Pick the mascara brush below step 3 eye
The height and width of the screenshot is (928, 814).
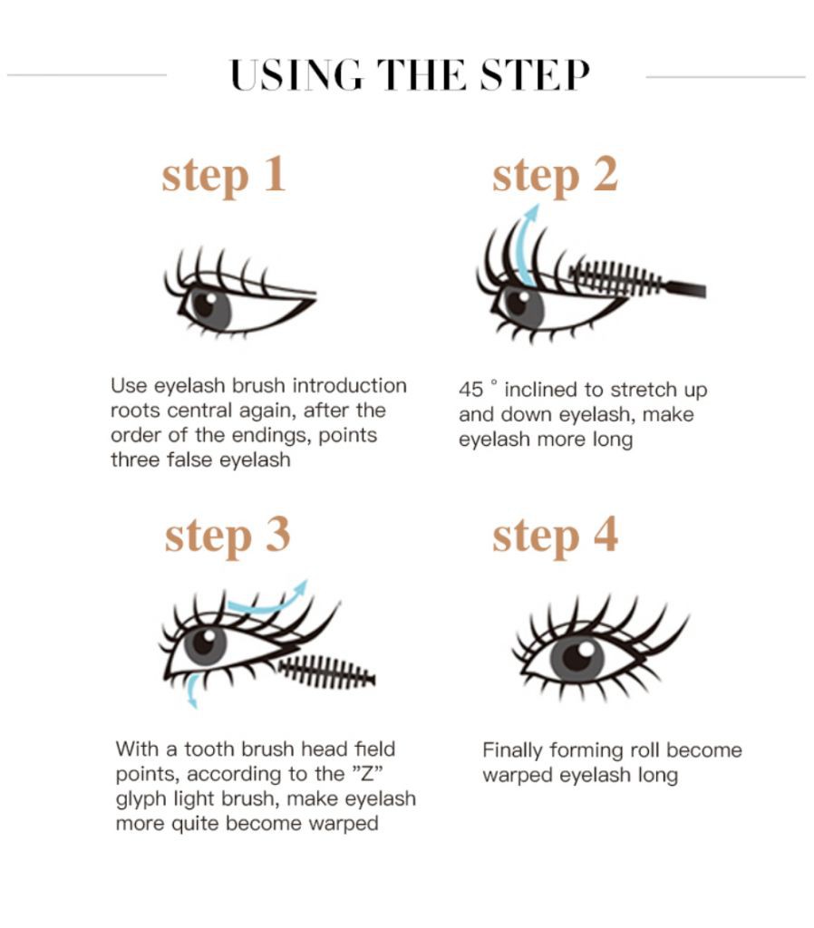(326, 672)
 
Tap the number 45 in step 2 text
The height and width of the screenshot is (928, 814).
(471, 391)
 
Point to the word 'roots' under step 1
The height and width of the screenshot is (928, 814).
(135, 411)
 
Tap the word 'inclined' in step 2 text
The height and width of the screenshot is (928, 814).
(542, 391)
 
